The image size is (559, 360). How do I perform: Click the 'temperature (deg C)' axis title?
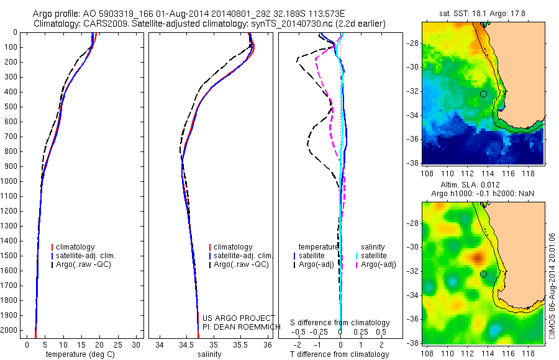pos(83,354)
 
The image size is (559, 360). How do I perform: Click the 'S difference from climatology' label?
pos(340,323)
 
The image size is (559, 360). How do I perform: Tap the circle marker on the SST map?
pos(483,94)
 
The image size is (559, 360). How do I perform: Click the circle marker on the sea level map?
pos(483,274)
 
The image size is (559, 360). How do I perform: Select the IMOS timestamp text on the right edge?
pos(552,286)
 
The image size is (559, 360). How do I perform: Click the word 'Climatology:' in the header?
pos(57,24)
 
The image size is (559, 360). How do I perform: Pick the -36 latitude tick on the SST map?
pos(413,139)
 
